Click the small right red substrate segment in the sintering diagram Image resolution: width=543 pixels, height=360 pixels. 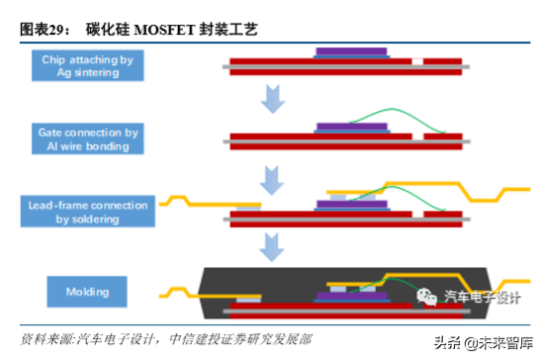coord(442,65)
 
